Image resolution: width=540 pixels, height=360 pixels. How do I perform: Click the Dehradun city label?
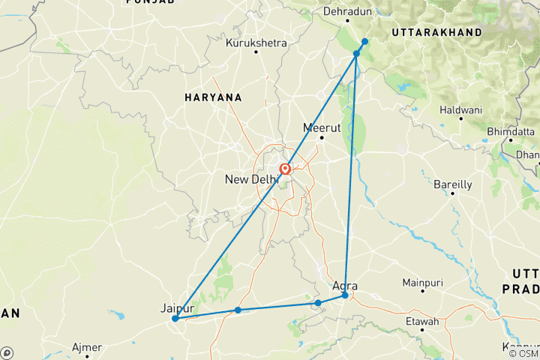point(348,12)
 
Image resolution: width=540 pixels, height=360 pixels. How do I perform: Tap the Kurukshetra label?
point(256,43)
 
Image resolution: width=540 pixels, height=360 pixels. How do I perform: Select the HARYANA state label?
point(214,97)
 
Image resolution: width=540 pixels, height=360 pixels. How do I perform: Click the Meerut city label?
point(322,127)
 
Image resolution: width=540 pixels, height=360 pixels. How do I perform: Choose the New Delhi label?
point(251,179)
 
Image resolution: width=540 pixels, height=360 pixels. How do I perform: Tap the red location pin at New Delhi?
point(286,169)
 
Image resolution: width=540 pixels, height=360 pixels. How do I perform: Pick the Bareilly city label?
point(453,184)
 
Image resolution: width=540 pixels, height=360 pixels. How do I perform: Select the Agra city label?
point(345,286)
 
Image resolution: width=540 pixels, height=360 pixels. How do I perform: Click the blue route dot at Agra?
point(345,295)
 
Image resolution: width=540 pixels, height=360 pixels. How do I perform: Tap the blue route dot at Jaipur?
point(175,319)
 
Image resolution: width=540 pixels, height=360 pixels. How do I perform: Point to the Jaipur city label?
point(178,308)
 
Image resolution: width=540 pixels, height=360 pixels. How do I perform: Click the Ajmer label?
point(87,347)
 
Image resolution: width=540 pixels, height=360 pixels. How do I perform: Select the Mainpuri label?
point(423,283)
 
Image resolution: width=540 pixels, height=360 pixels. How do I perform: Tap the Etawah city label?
point(422,322)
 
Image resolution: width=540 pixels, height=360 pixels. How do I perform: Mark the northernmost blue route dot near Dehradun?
point(364,41)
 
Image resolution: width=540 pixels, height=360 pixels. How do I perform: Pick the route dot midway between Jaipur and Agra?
point(238,310)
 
